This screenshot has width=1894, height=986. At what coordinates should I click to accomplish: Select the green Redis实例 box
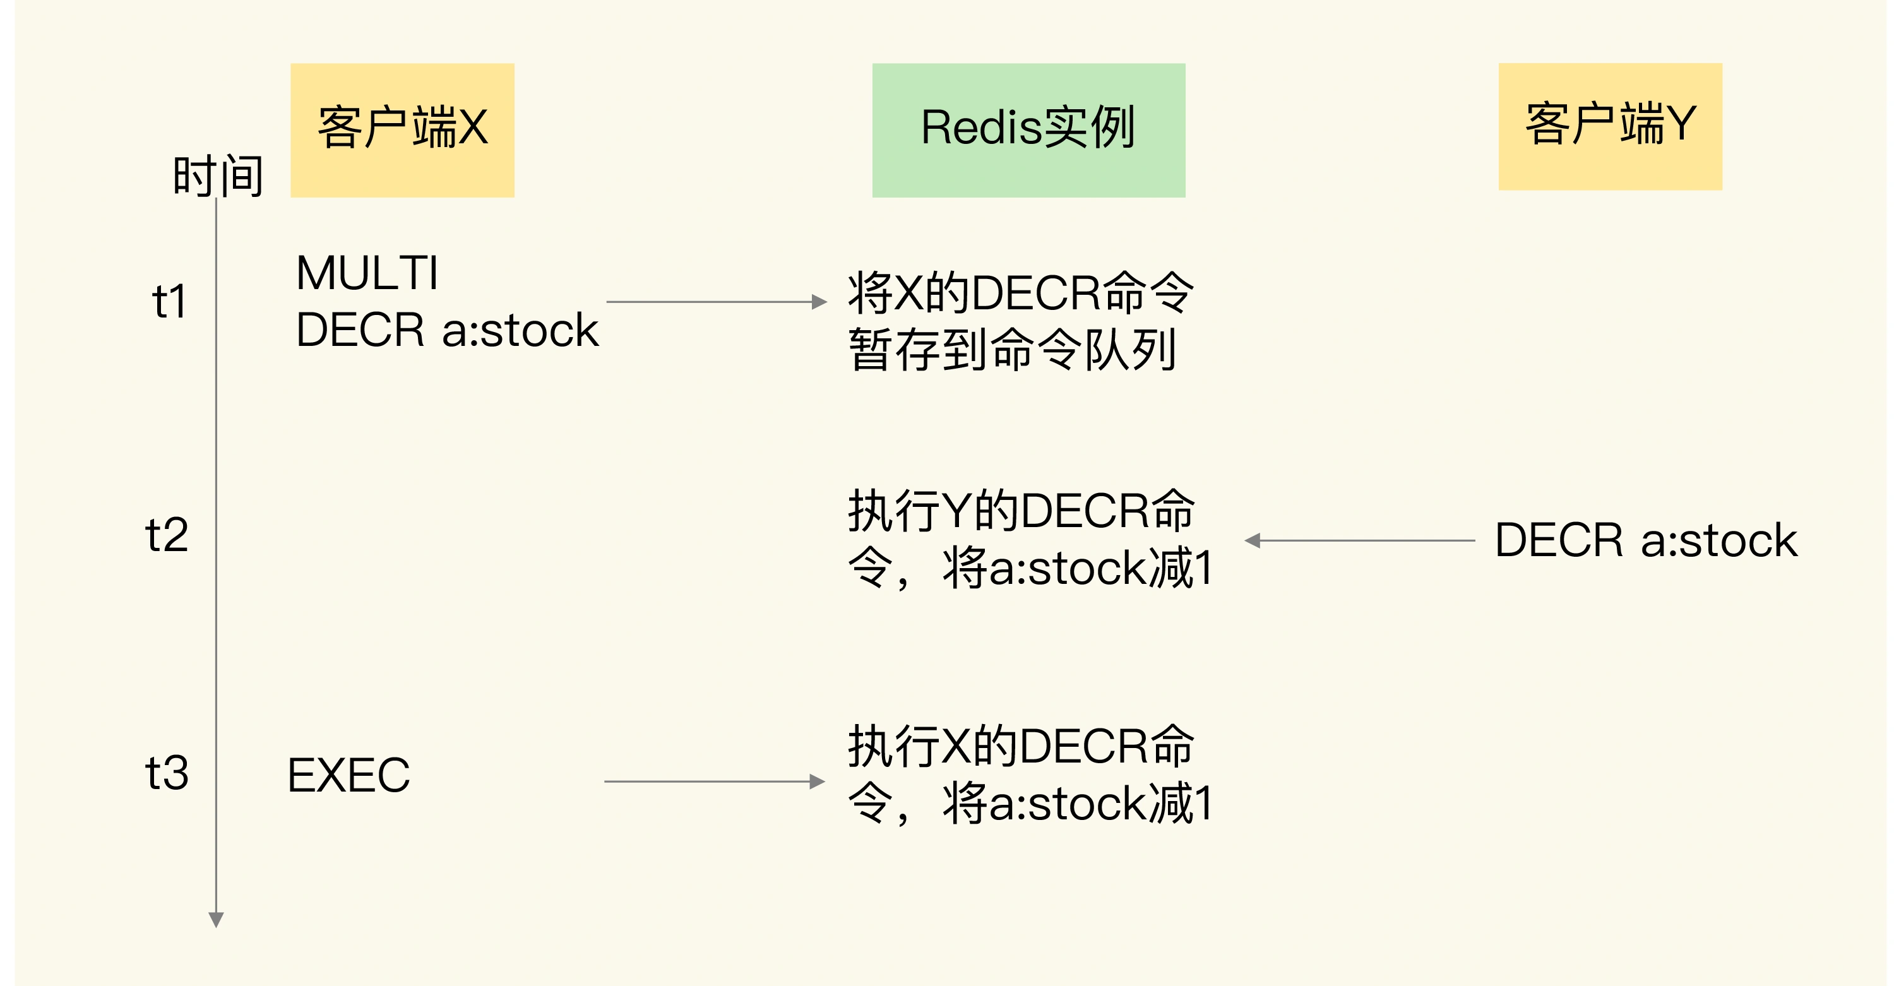coord(1028,130)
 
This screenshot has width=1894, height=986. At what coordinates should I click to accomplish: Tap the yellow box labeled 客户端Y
coord(1610,126)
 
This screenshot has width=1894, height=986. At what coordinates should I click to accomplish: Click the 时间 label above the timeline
coord(218,177)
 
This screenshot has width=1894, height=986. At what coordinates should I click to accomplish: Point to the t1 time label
coord(170,302)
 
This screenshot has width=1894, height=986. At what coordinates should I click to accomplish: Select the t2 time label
coord(167,535)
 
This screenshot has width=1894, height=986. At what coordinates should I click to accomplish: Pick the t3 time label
coord(167,773)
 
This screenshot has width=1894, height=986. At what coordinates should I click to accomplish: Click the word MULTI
coord(367,273)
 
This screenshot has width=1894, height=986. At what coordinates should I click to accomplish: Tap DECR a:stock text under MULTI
coord(446,330)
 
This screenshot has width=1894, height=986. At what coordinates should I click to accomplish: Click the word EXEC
coord(348,775)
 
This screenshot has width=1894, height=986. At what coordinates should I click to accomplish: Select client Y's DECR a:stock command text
coord(1645,540)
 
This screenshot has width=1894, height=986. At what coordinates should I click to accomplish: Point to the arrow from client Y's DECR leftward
coord(1361,540)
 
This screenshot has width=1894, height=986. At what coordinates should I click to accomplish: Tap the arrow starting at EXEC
coord(713,781)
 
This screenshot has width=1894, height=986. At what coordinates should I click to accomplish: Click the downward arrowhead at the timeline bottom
coord(216,919)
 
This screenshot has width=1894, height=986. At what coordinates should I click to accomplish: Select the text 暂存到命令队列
coord(1013,350)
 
